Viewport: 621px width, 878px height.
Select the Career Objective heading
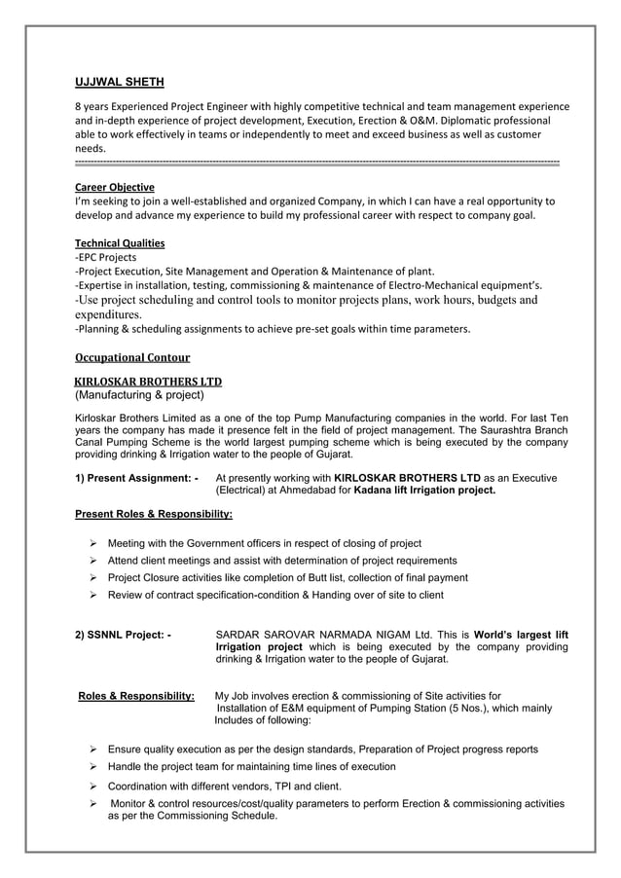115,187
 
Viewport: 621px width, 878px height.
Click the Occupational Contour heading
132,357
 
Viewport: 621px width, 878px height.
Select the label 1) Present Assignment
137,479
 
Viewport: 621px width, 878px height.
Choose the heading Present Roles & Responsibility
154,513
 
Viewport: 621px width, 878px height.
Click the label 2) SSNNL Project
124,636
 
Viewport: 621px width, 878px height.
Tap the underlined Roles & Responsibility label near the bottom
135,696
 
